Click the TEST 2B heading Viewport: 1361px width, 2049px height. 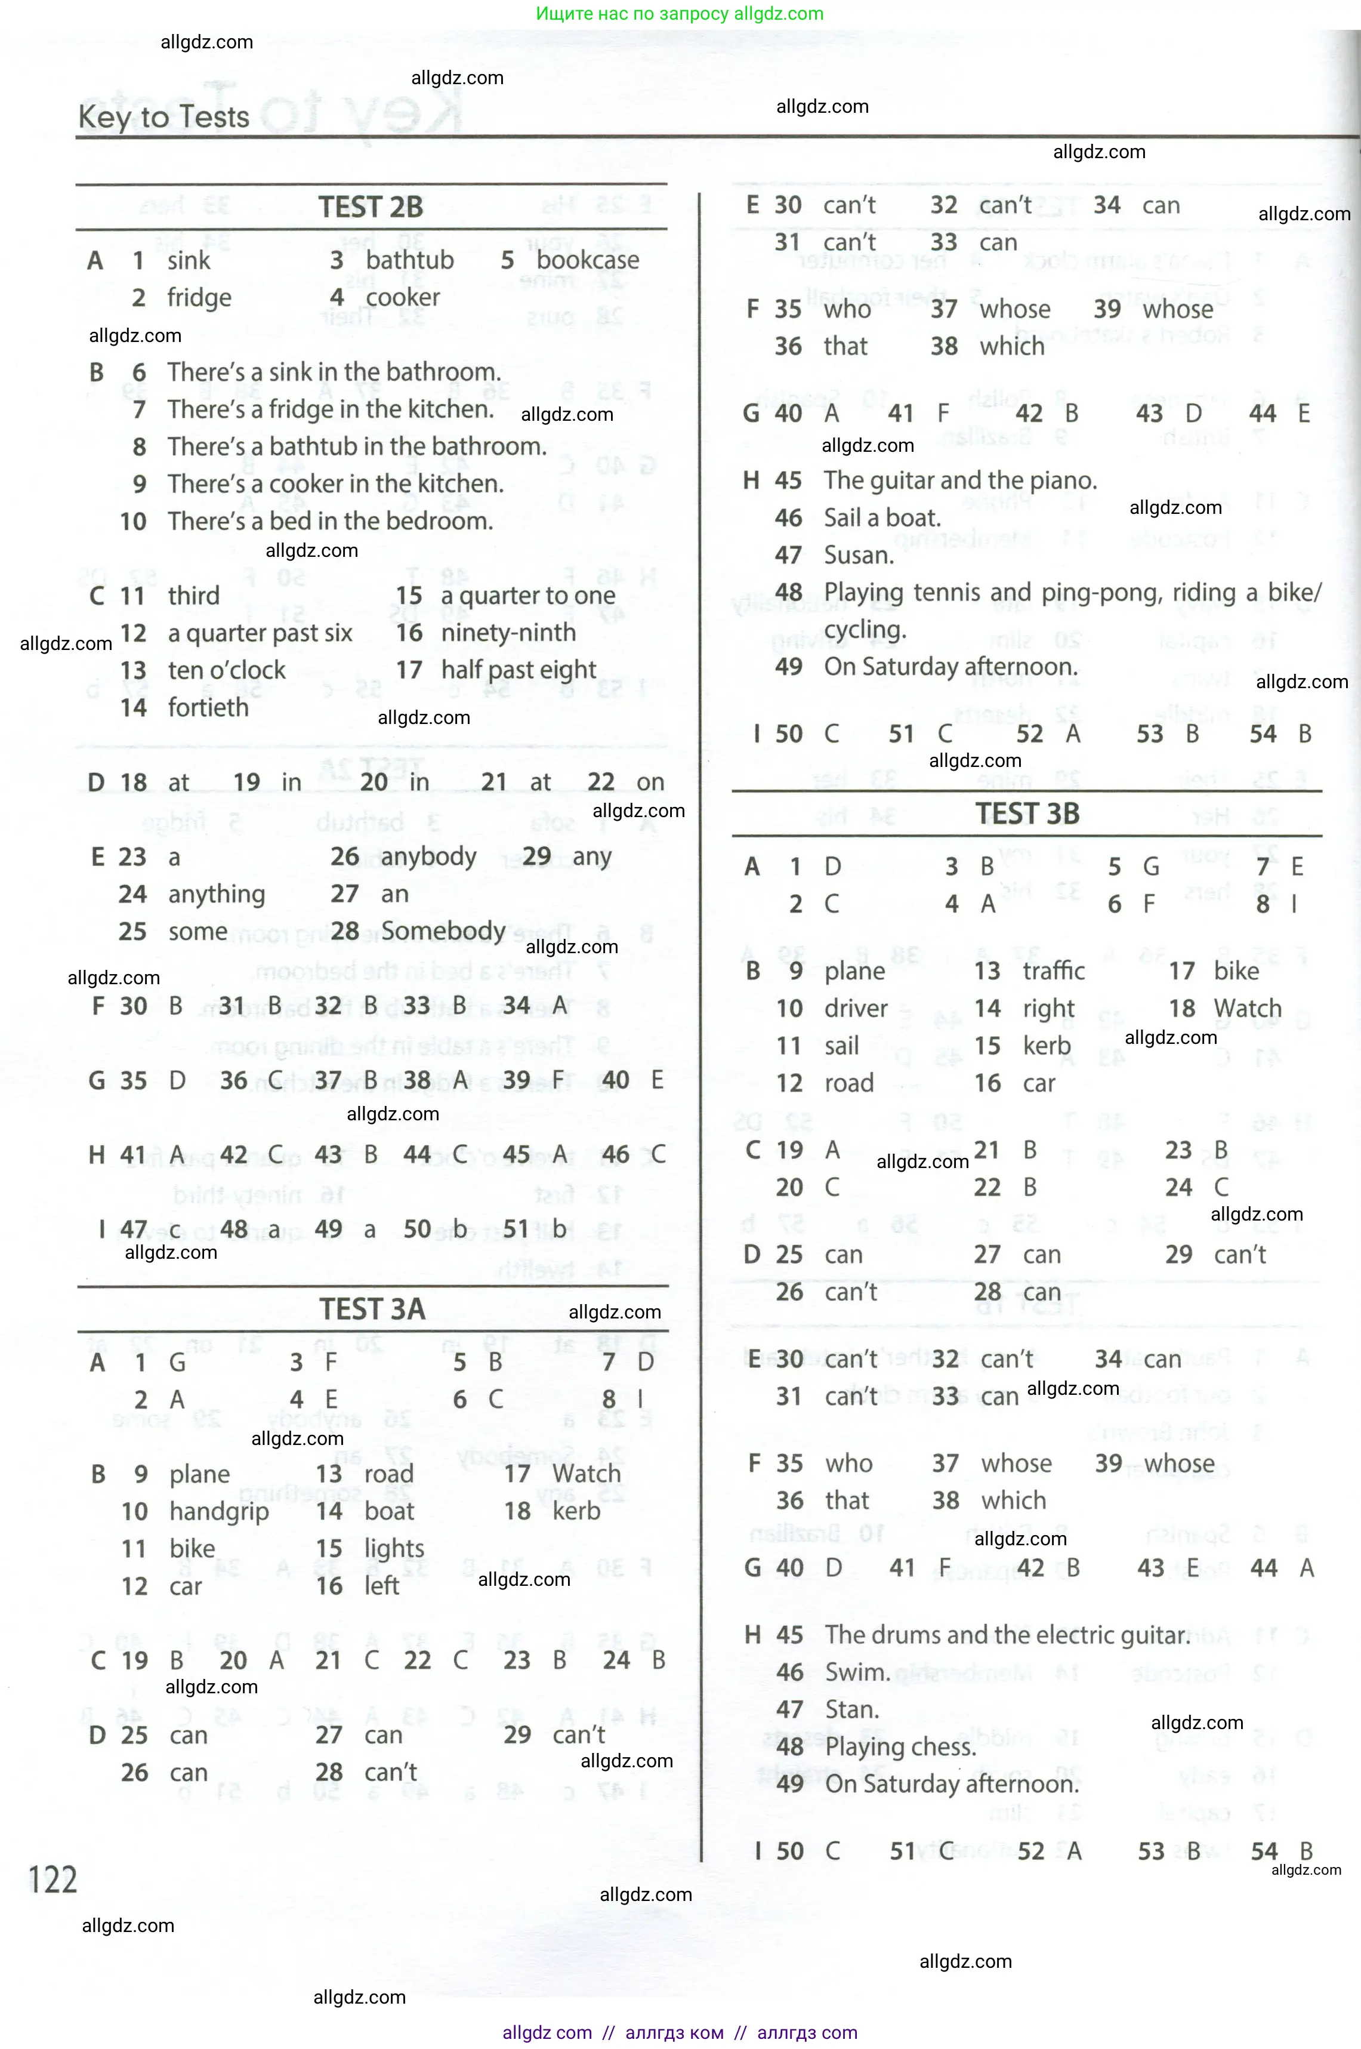371,208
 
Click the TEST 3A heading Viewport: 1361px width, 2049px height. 372,1309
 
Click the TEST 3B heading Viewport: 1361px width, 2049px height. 1027,814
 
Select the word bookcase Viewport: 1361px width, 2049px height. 588,260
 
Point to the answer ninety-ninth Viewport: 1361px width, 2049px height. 508,633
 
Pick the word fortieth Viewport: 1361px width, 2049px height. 208,708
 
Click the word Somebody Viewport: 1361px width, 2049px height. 443,930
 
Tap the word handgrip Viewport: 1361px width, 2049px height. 219,1512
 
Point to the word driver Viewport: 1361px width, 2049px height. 856,1008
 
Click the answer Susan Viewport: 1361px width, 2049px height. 859,556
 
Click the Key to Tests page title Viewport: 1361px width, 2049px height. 164,116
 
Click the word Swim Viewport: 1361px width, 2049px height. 857,1672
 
